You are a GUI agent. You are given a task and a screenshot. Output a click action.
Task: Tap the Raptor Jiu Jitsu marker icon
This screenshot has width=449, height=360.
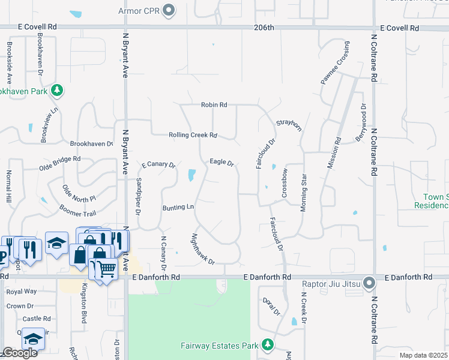pyautogui.click(x=369, y=281)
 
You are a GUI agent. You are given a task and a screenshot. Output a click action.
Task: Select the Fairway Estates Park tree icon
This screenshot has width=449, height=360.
pyautogui.click(x=267, y=345)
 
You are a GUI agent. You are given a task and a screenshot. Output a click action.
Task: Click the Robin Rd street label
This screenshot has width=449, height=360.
pyautogui.click(x=214, y=104)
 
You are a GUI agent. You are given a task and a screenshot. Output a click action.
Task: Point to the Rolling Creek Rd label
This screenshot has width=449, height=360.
pyautogui.click(x=192, y=135)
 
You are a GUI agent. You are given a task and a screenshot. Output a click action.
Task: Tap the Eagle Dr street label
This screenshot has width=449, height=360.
pyautogui.click(x=221, y=162)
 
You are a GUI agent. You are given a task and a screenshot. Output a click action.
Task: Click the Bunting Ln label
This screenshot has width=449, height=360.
pyautogui.click(x=178, y=208)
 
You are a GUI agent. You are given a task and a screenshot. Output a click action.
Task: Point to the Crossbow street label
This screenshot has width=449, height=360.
pyautogui.click(x=285, y=183)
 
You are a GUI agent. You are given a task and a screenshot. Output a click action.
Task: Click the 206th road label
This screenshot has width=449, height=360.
pyautogui.click(x=264, y=28)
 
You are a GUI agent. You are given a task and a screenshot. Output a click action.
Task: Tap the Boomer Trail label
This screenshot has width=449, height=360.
pyautogui.click(x=77, y=210)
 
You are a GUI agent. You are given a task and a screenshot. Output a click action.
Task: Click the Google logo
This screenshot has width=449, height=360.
pyautogui.click(x=19, y=353)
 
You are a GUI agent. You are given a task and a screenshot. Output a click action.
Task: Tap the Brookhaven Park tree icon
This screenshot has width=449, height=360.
pyautogui.click(x=57, y=91)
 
